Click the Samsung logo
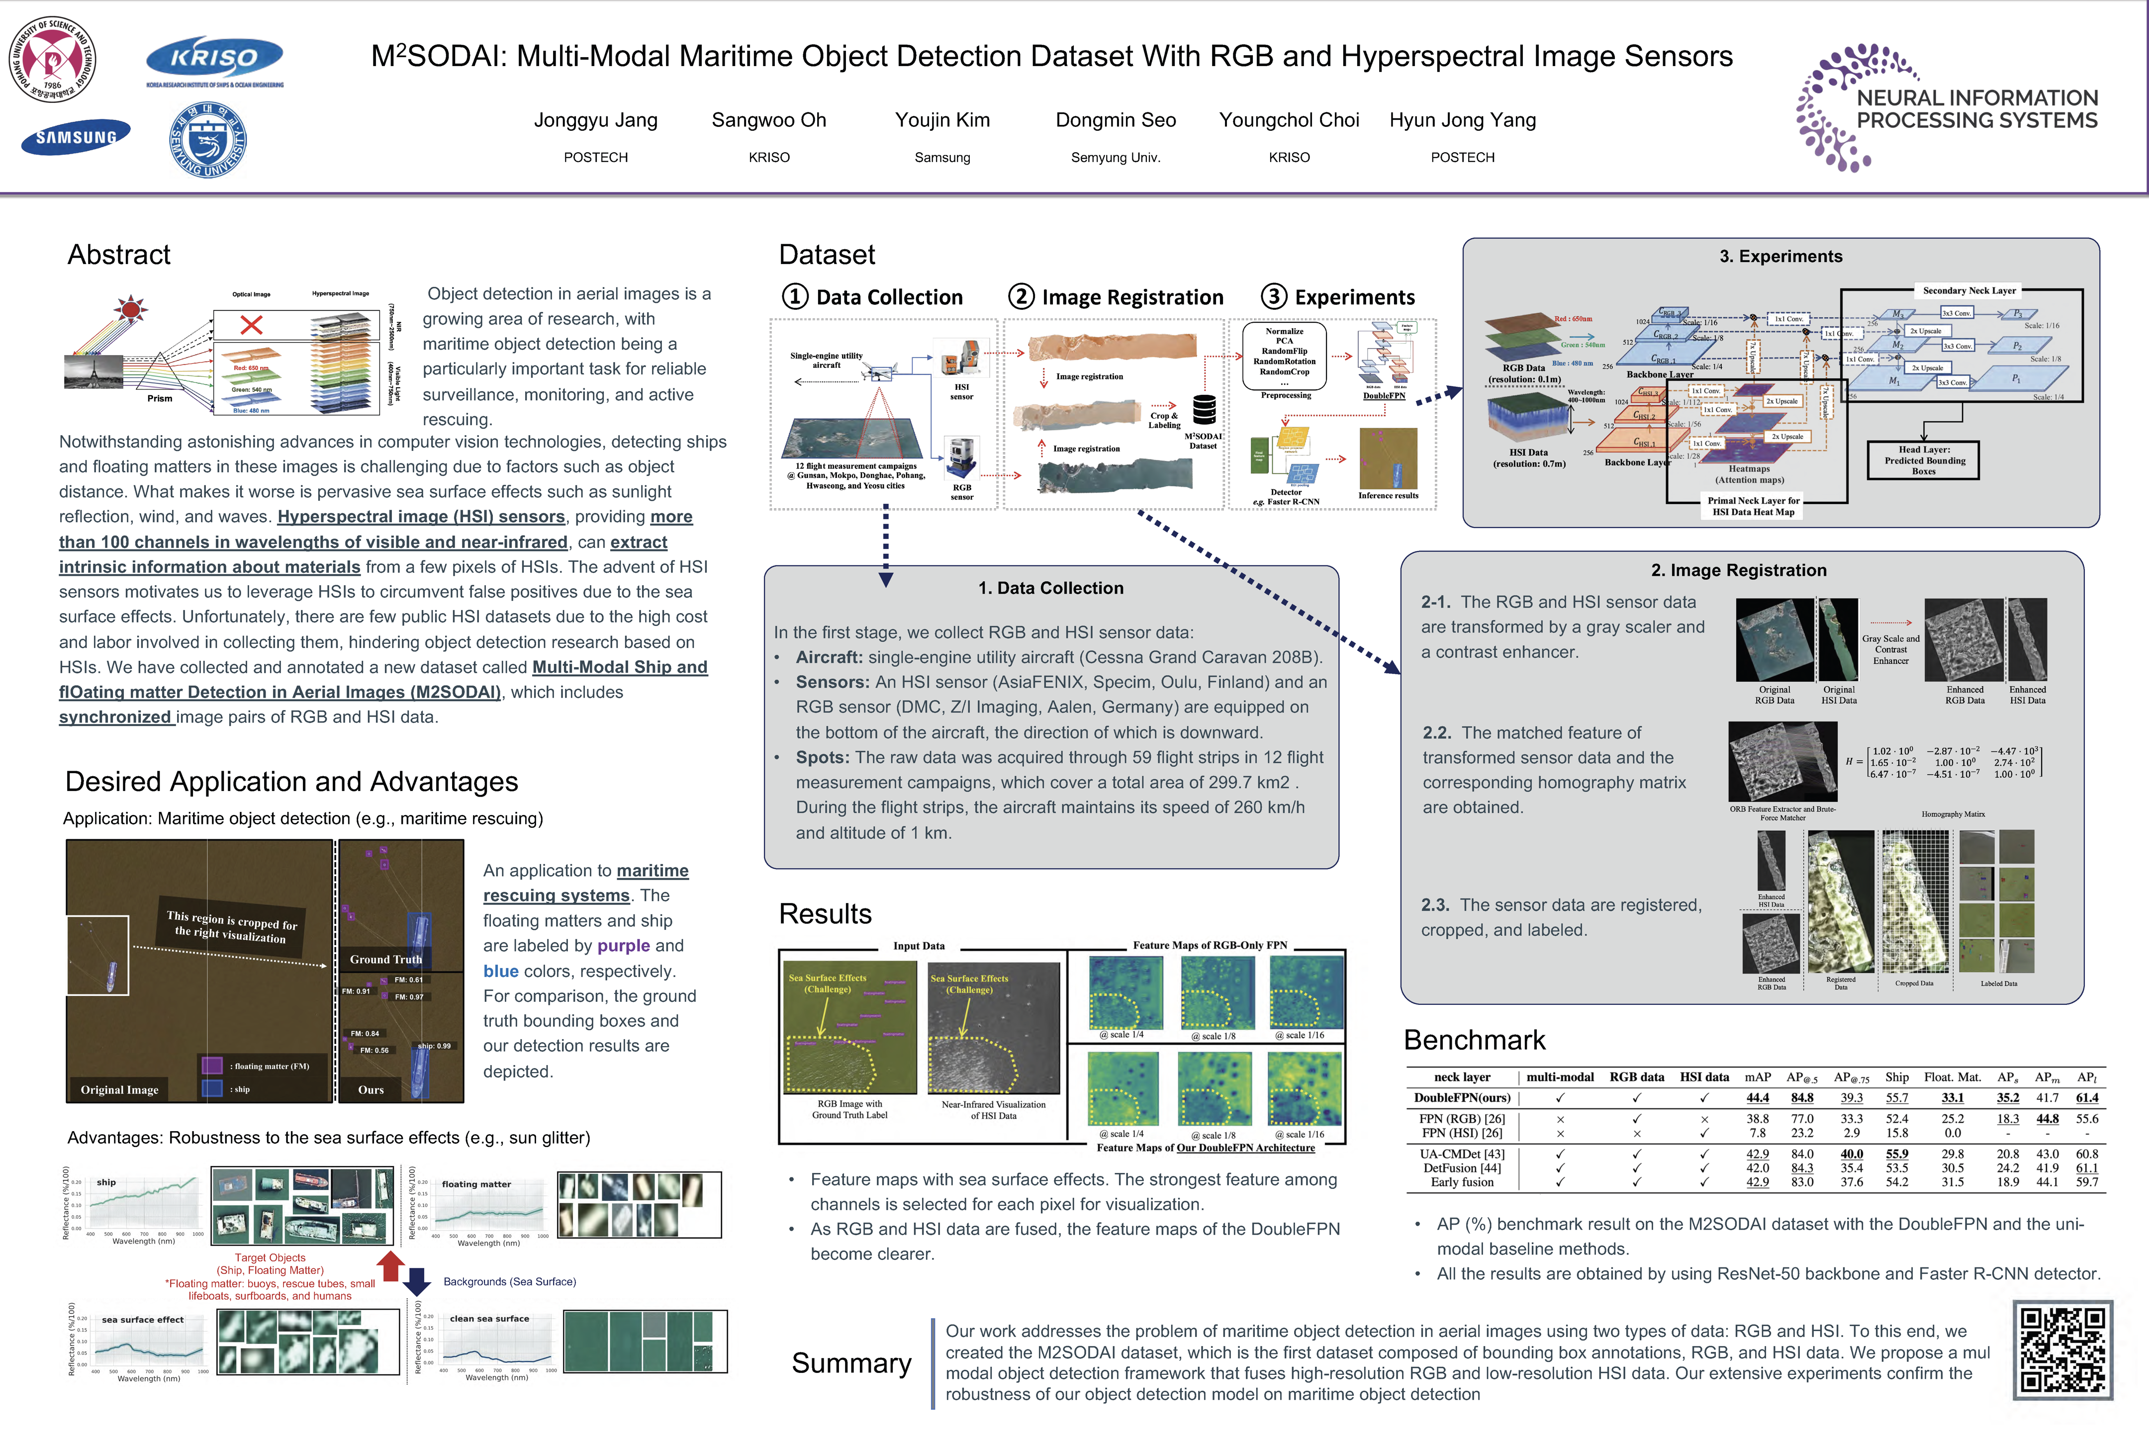click(76, 137)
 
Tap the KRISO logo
click(215, 59)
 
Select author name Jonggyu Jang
click(595, 120)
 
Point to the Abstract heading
click(119, 255)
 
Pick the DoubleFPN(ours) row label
click(1461, 1098)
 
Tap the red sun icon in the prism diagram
click(131, 309)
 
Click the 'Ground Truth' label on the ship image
click(385, 959)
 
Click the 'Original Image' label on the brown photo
click(120, 1089)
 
